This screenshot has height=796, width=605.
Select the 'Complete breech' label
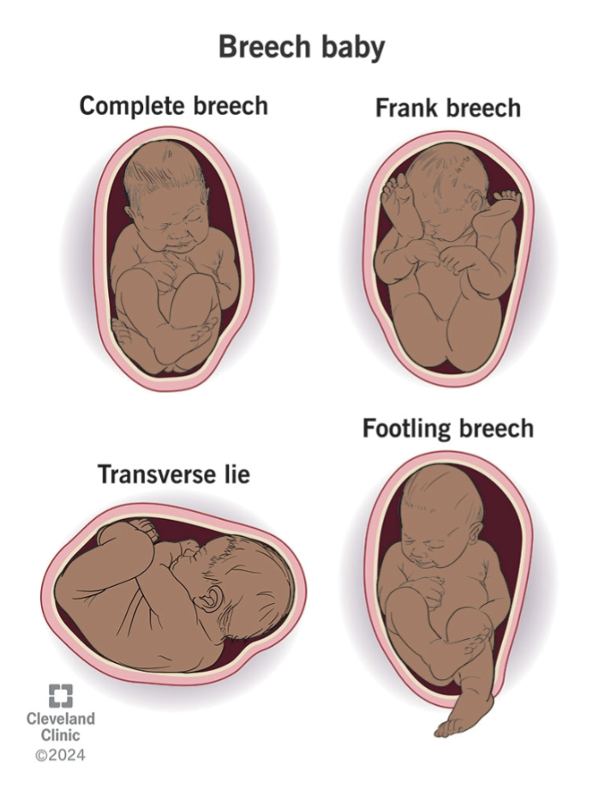174,106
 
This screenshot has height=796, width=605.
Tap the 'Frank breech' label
447,108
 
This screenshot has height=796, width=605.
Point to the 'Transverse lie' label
173,473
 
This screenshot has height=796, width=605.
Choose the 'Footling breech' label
447,427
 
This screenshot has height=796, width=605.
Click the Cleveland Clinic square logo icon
60,696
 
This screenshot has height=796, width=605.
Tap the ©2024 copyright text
60,755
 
